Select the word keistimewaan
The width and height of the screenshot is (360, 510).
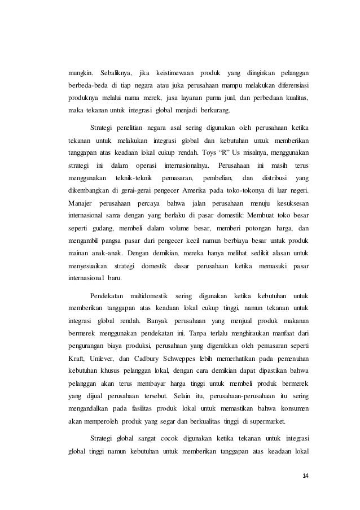tap(175, 73)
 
